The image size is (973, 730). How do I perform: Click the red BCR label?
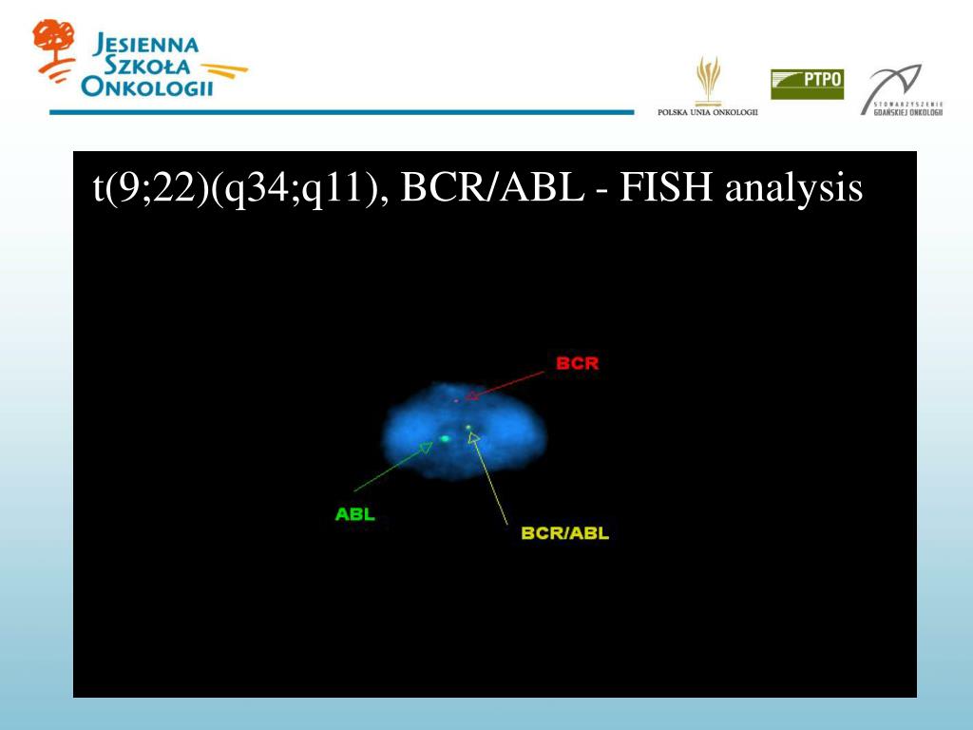pos(577,363)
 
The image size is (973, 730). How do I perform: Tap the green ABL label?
pos(354,514)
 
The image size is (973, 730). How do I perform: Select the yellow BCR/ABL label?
pos(564,533)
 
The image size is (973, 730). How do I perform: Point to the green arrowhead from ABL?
pos(427,448)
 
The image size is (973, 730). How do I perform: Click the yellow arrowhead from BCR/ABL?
pos(473,437)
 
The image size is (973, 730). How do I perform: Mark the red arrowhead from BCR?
pos(471,394)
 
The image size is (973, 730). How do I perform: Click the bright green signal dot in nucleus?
pos(445,438)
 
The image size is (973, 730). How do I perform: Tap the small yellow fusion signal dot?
pos(468,428)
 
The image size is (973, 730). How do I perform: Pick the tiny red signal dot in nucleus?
pos(456,401)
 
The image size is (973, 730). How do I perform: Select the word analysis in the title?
pos(793,188)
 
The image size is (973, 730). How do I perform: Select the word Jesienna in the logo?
pos(146,45)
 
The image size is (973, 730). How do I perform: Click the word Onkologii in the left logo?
pos(147,88)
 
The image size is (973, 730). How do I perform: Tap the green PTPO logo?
pos(807,84)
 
